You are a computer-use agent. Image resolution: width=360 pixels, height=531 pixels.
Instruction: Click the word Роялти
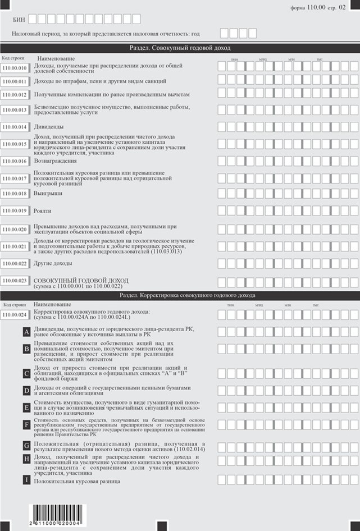point(43,211)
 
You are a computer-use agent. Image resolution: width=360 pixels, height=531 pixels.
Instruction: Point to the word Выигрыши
point(48,193)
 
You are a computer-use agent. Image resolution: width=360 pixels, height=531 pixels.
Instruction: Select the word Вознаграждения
point(55,161)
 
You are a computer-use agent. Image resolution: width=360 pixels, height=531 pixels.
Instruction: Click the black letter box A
point(26,332)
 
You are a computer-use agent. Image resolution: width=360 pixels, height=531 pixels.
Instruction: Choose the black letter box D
point(26,390)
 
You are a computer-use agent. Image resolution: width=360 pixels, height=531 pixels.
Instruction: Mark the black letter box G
point(26,446)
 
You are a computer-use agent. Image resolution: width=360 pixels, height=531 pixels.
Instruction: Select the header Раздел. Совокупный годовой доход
point(180,49)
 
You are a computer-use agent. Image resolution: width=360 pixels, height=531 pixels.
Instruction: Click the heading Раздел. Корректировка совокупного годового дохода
point(180,295)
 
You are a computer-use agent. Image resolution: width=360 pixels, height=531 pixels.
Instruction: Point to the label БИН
point(19,19)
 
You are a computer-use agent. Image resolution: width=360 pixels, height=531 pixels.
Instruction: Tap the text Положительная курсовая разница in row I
point(78,482)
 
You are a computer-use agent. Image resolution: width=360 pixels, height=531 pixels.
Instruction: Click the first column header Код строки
point(13,58)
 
